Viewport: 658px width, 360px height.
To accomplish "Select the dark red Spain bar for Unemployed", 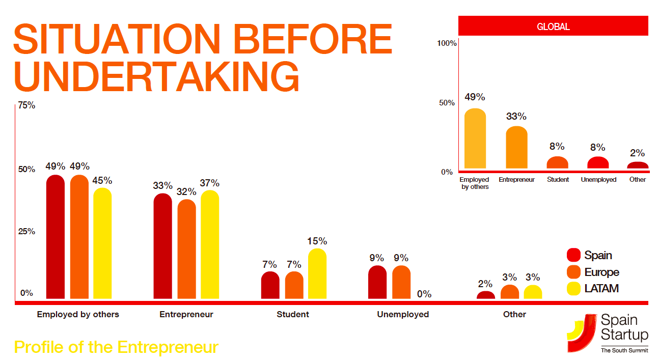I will [377, 283].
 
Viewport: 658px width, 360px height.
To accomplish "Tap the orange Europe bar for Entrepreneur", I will [186, 250].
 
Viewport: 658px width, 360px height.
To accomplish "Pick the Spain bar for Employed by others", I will [56, 237].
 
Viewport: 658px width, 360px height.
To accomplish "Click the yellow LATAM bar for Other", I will [533, 292].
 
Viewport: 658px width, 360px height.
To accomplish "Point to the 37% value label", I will [210, 183].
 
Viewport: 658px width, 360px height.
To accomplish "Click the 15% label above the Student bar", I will [317, 241].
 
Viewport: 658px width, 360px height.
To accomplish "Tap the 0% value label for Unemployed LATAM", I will [424, 294].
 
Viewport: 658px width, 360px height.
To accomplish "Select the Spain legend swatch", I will [574, 255].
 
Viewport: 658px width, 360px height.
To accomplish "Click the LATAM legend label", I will [601, 288].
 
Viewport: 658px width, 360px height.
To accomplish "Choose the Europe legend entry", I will [601, 272].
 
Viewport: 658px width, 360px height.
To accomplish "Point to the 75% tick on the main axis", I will [26, 106].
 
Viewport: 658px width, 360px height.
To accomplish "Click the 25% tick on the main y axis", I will [26, 232].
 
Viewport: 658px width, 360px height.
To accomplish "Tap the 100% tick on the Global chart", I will [447, 43].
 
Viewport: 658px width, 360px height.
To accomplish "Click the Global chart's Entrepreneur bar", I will [516, 148].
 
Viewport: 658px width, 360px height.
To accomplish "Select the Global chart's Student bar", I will [557, 163].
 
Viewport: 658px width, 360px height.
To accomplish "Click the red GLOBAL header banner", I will [553, 26].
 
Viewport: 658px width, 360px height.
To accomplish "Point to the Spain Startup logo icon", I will [582, 333].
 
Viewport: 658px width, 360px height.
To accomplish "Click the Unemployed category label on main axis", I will [403, 315].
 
